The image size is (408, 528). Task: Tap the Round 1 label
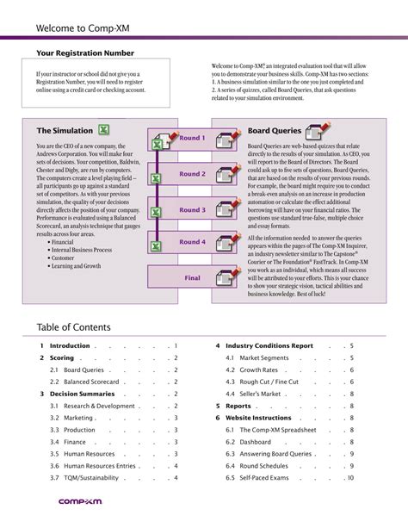192,138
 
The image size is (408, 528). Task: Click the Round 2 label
192,174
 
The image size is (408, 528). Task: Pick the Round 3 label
192,210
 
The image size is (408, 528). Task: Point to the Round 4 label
192,242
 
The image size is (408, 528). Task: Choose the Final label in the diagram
192,278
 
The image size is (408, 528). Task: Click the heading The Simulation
65,130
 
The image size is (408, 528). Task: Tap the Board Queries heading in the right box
275,130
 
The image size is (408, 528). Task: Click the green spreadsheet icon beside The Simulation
103,130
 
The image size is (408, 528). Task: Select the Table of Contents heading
74,327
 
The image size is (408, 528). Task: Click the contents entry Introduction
70,345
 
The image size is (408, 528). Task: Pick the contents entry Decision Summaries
83,393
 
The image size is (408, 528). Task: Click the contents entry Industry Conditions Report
269,345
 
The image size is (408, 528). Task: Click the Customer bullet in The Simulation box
63,258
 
